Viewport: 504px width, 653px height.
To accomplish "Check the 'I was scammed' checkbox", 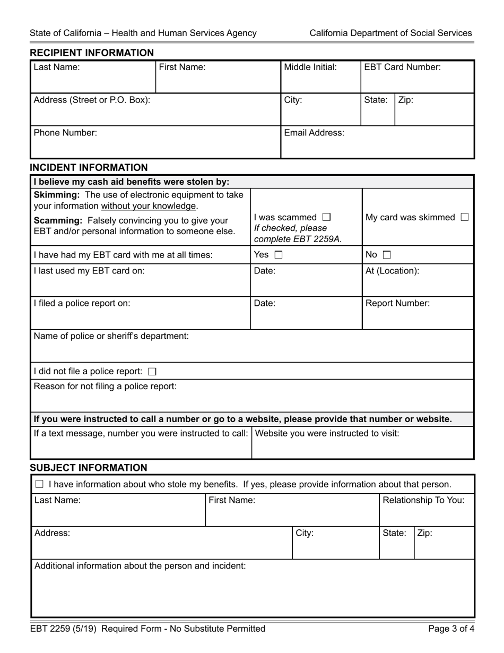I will click(x=326, y=217).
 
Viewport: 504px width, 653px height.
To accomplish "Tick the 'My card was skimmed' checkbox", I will click(x=465, y=217).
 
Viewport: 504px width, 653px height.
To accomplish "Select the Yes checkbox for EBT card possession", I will click(x=279, y=255).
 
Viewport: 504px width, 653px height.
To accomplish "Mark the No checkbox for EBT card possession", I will click(x=387, y=255).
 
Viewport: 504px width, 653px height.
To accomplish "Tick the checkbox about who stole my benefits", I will click(x=39, y=484).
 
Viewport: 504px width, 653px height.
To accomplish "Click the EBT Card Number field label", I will click(x=402, y=67).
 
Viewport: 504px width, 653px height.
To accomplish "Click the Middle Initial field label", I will click(x=310, y=67).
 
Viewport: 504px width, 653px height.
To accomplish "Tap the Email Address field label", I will click(x=314, y=133).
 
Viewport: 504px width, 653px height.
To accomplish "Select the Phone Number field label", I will click(x=65, y=133).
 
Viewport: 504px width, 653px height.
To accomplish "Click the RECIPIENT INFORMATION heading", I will click(x=92, y=53).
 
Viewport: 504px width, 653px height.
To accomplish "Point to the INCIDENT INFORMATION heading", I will click(x=89, y=168).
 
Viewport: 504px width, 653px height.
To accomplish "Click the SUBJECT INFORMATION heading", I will click(x=88, y=468).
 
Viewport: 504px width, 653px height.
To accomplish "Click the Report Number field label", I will click(x=397, y=304).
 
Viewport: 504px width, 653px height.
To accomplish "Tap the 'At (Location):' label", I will click(x=392, y=271).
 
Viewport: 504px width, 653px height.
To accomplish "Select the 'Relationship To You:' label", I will click(x=423, y=500).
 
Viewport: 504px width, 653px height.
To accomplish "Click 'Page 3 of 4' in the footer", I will click(x=450, y=629).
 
